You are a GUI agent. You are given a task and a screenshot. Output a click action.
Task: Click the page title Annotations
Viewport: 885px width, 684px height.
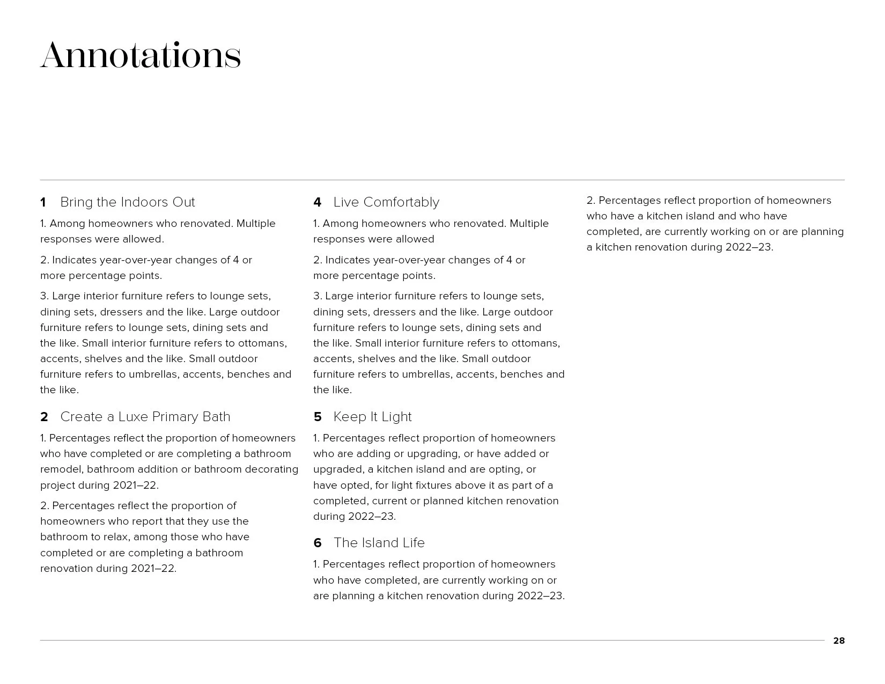pyautogui.click(x=141, y=55)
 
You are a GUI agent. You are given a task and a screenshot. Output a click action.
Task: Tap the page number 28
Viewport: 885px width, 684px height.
pyautogui.click(x=838, y=641)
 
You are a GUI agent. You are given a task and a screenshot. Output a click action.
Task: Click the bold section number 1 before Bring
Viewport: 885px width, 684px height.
pyautogui.click(x=43, y=202)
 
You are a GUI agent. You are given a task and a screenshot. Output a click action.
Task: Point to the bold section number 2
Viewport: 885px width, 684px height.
pyautogui.click(x=44, y=417)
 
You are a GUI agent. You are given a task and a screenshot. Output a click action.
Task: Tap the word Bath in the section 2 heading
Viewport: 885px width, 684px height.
pyautogui.click(x=217, y=417)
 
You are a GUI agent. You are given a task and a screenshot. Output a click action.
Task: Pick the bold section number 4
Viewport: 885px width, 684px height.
pyautogui.click(x=317, y=202)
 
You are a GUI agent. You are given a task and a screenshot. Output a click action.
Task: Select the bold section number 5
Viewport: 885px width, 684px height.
pyautogui.click(x=318, y=417)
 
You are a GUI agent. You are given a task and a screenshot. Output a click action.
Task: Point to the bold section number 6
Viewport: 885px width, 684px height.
pyautogui.click(x=318, y=543)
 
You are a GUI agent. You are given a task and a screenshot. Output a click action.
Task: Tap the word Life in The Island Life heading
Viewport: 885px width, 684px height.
pyautogui.click(x=413, y=543)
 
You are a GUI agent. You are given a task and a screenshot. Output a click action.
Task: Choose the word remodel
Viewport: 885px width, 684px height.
pyautogui.click(x=61, y=469)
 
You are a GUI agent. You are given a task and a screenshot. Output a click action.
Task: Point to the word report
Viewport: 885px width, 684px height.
pyautogui.click(x=131, y=521)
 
